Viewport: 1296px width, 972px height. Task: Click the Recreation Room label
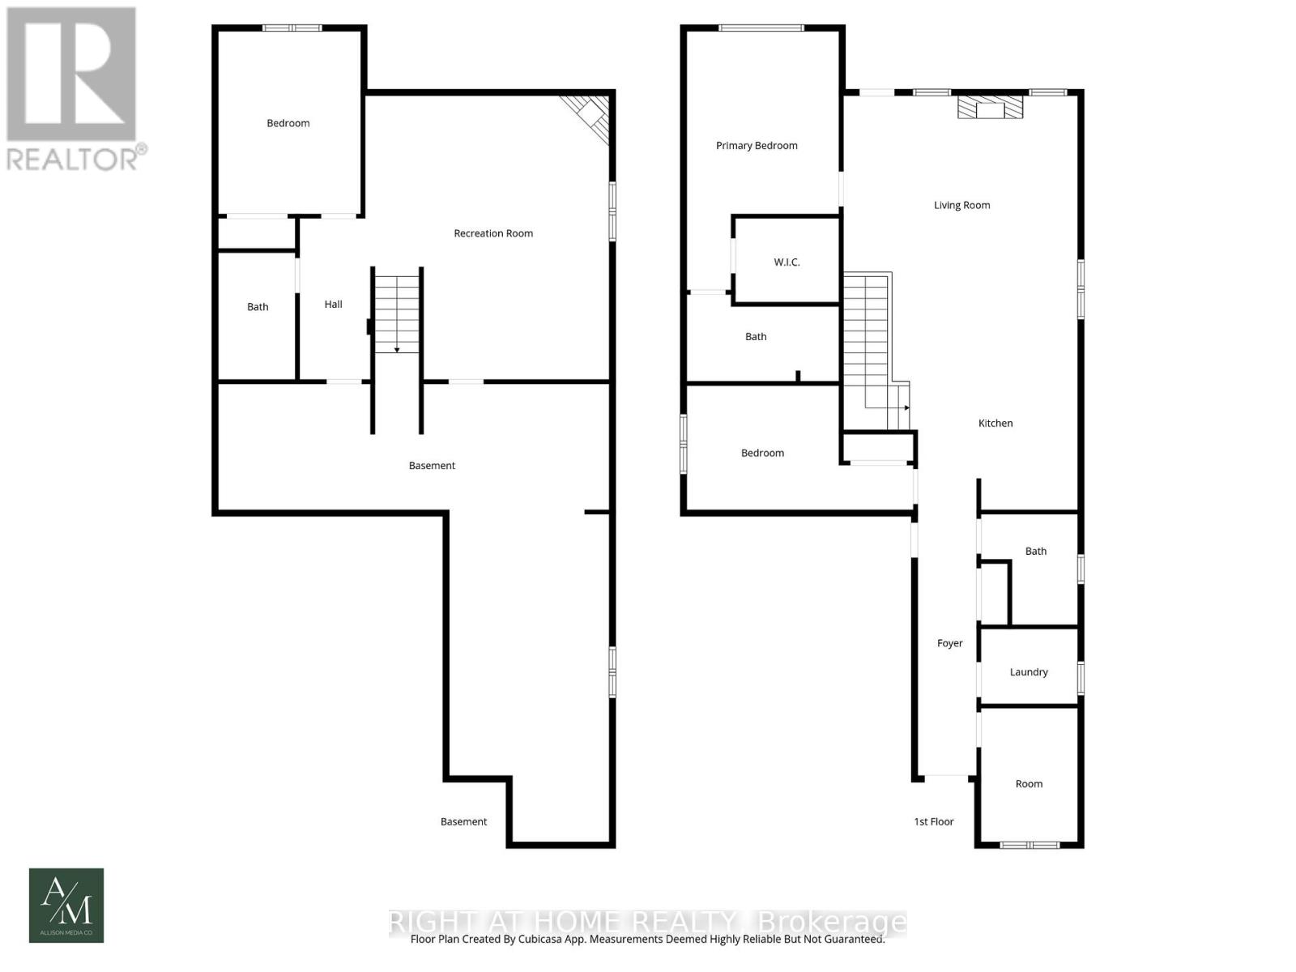pos(492,233)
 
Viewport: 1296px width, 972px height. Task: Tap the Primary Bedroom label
pos(757,146)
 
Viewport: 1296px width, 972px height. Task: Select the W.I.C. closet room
pos(787,262)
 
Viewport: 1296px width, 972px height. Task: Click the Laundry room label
pos(1029,672)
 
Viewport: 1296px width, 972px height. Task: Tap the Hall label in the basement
pos(333,305)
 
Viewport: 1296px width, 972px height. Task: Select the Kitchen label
pos(995,424)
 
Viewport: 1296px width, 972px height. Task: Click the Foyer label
pos(949,644)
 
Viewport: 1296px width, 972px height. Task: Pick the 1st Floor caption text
pos(934,822)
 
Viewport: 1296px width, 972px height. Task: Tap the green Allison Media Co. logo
pos(66,906)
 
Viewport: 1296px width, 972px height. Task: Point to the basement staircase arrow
pos(397,349)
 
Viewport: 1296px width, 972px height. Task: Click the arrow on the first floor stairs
pos(906,407)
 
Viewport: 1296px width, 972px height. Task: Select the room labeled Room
pos(1029,783)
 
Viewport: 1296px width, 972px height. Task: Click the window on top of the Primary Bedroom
pos(761,28)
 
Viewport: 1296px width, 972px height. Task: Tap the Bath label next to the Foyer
pos(1035,552)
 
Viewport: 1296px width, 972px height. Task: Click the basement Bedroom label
pos(288,123)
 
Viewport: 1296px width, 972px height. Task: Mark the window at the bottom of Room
pos(1029,845)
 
